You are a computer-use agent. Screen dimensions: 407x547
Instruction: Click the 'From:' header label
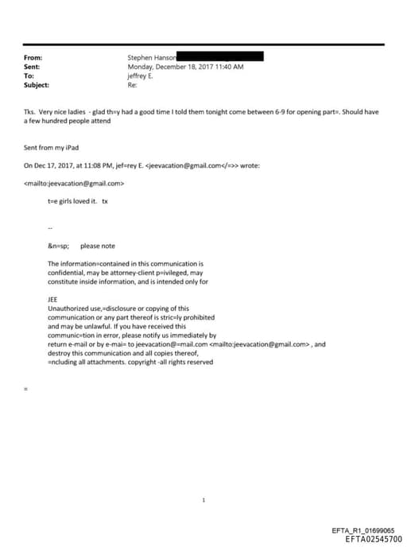coord(33,58)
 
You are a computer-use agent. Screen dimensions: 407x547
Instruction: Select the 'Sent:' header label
coord(33,67)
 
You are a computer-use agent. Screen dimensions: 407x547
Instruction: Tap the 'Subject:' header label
coord(37,84)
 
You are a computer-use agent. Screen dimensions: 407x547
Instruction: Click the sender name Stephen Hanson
coord(151,58)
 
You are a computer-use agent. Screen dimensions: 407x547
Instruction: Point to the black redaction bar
coord(219,57)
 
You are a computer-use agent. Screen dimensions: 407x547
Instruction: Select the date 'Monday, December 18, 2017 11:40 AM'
coord(185,67)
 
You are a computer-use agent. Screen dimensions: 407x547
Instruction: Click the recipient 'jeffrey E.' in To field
coord(141,76)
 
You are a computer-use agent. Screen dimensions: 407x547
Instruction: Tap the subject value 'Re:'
coord(132,84)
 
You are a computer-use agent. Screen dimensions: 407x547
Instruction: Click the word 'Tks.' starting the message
coord(31,113)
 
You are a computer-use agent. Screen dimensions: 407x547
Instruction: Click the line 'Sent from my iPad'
coord(48,149)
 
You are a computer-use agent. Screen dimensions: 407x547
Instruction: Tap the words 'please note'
coord(98,246)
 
